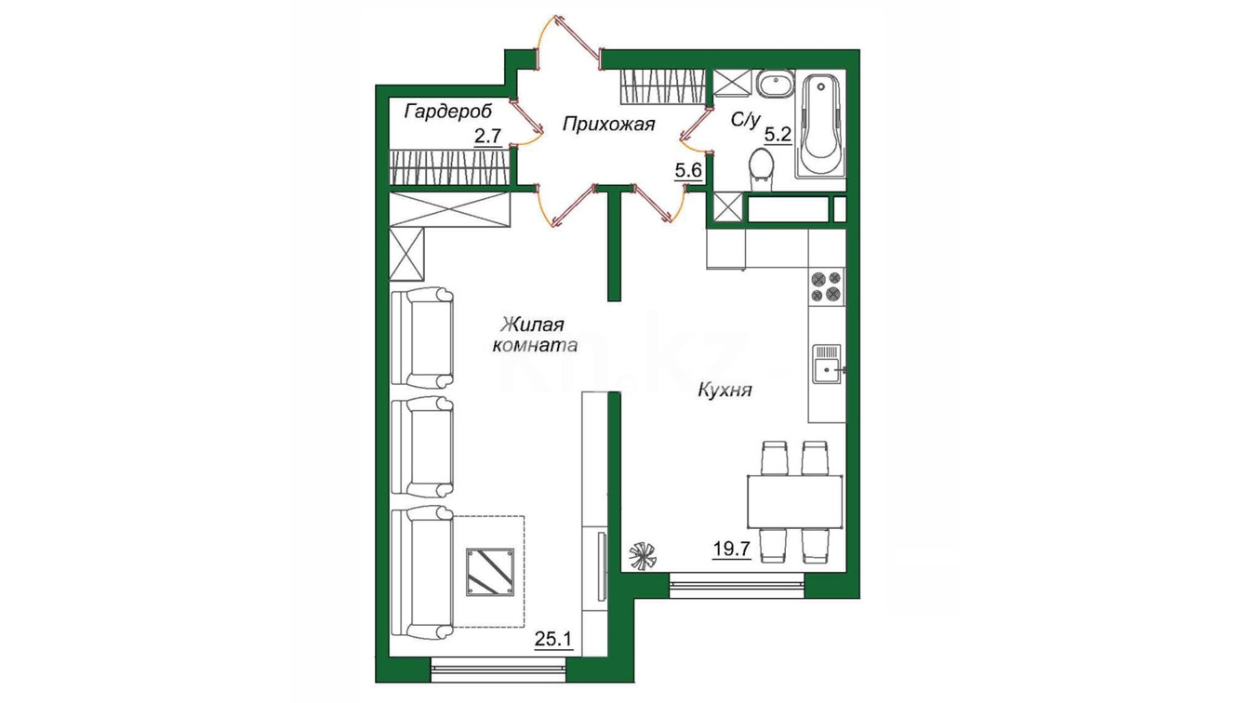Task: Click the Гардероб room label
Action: pyautogui.click(x=448, y=113)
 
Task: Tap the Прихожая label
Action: pyautogui.click(x=608, y=124)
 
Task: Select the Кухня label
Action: pyautogui.click(x=725, y=390)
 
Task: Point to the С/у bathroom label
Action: pyautogui.click(x=746, y=119)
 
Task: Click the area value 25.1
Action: pyautogui.click(x=553, y=638)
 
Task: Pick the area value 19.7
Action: pyautogui.click(x=732, y=550)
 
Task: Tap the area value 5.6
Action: pyautogui.click(x=688, y=169)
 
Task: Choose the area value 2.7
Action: pyautogui.click(x=488, y=136)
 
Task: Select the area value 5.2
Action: pyautogui.click(x=778, y=135)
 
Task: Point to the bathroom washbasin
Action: pyautogui.click(x=775, y=85)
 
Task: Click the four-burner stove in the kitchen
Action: pyautogui.click(x=827, y=286)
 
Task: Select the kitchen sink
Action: pyautogui.click(x=828, y=364)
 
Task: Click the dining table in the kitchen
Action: pyautogui.click(x=794, y=501)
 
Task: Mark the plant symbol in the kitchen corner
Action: pyautogui.click(x=643, y=557)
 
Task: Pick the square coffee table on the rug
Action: pyautogui.click(x=490, y=572)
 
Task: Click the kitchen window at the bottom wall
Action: pyautogui.click(x=738, y=585)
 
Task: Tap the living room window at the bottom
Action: pyautogui.click(x=499, y=670)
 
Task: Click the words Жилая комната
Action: pyautogui.click(x=534, y=335)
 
